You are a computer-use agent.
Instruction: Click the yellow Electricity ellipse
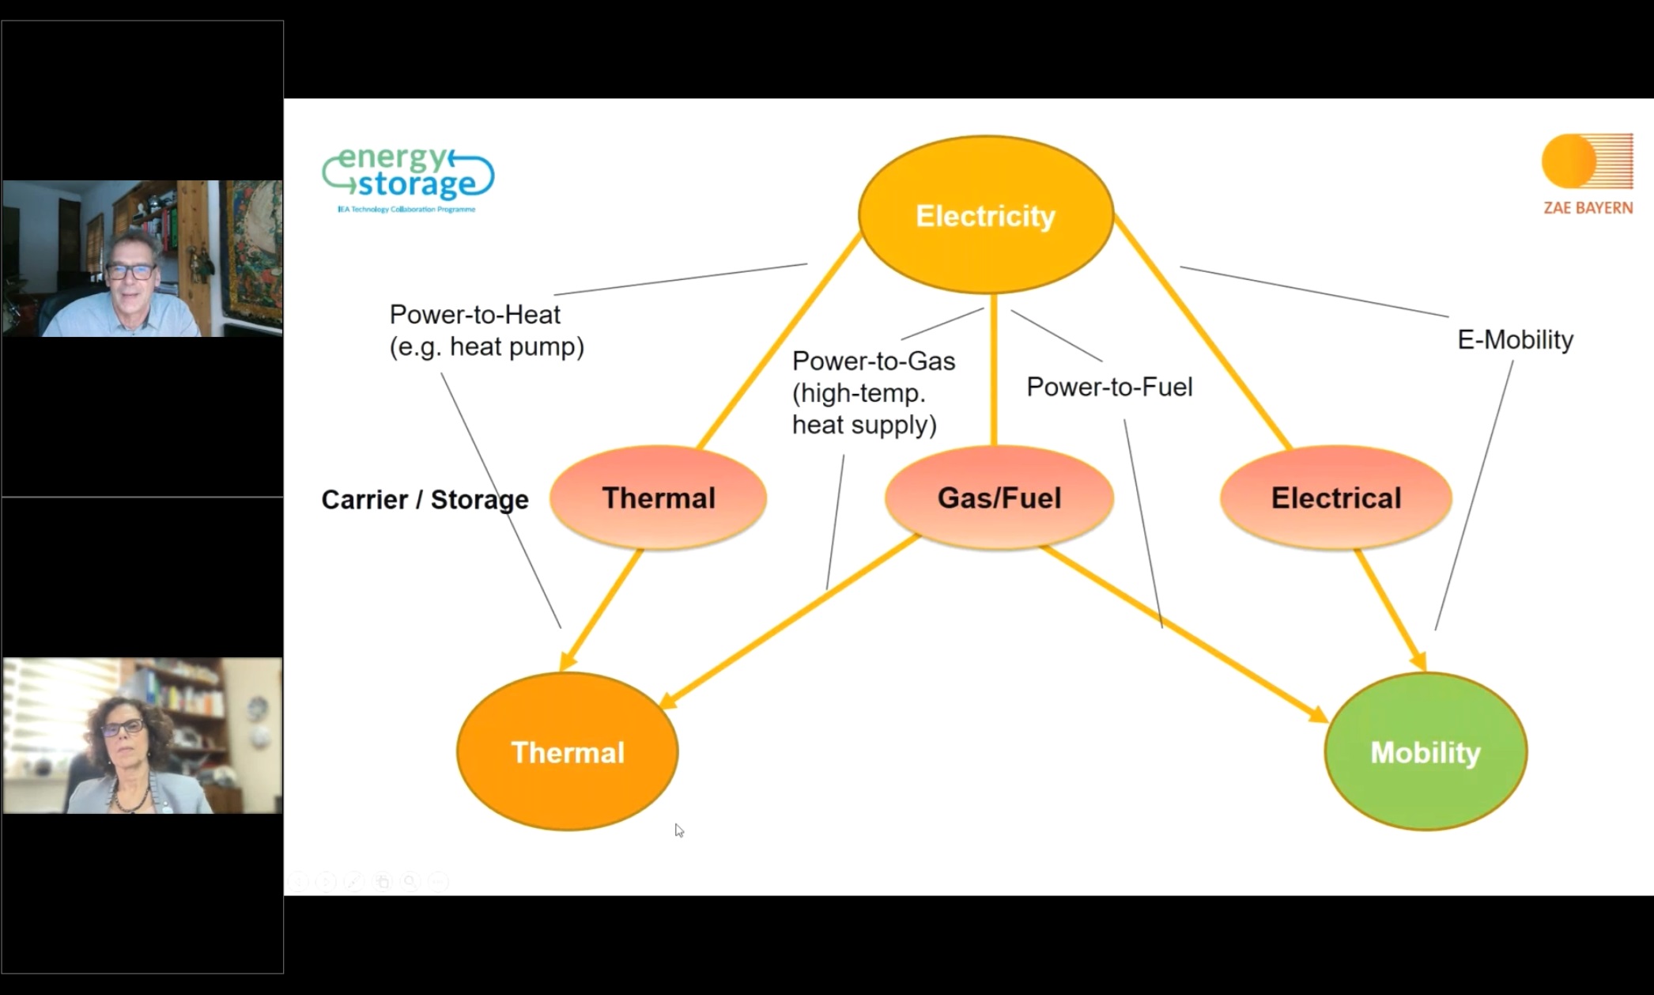coord(986,215)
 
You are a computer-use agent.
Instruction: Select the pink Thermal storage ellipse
coord(659,498)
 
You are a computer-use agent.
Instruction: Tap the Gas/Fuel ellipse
coord(999,498)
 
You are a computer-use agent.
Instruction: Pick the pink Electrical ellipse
coord(1336,498)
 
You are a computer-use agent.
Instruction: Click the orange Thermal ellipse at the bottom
coord(568,752)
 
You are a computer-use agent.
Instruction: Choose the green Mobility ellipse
coord(1426,752)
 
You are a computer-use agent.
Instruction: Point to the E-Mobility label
coord(1515,340)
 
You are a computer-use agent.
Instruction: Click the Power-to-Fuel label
coord(1109,388)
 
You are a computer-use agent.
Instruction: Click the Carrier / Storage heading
coord(425,500)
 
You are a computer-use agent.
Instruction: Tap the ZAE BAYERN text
coord(1588,208)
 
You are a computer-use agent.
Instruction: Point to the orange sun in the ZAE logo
coord(1569,161)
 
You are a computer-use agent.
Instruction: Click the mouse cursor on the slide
coord(679,830)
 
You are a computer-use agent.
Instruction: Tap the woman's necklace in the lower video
coord(130,799)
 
